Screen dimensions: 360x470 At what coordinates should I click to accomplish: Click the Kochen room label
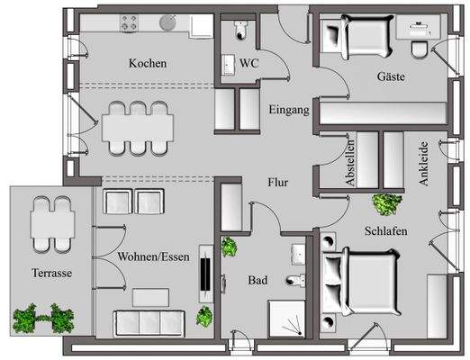147,64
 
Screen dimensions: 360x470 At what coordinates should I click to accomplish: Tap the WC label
249,63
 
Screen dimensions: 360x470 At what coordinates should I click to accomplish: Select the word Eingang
289,110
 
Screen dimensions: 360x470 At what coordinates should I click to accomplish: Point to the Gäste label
390,77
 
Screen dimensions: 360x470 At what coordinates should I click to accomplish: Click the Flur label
278,181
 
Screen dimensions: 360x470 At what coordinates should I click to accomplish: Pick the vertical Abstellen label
351,163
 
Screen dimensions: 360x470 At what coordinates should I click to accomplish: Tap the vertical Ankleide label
422,163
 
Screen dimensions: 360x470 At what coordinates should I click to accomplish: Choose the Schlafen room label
387,231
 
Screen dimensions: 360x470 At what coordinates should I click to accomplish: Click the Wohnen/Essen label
153,256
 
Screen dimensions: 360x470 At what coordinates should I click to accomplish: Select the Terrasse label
50,273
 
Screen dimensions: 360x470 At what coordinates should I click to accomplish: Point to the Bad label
258,280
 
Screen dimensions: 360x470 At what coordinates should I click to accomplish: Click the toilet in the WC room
240,31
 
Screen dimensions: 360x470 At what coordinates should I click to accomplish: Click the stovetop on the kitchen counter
129,22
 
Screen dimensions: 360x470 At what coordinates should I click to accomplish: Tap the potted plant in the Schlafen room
386,203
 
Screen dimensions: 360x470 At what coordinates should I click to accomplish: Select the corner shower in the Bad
289,319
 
